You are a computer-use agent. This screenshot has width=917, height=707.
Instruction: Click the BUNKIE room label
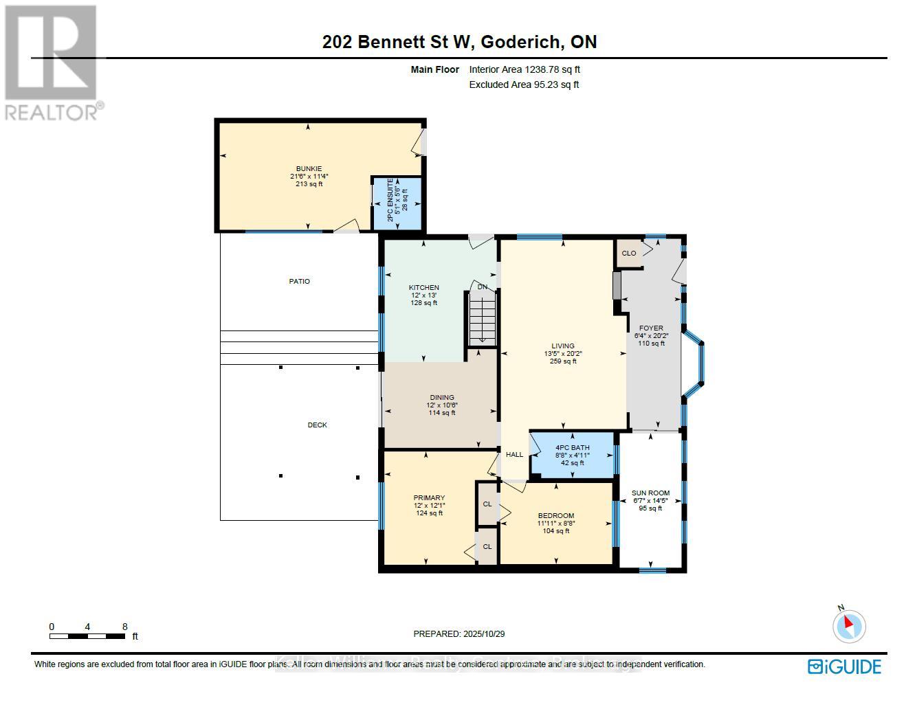coord(309,169)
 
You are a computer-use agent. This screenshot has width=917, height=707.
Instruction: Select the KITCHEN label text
coord(423,288)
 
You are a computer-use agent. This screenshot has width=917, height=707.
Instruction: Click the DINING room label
coord(442,397)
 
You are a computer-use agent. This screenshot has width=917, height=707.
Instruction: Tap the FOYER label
coord(651,328)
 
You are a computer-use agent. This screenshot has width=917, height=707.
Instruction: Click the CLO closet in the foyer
coord(628,253)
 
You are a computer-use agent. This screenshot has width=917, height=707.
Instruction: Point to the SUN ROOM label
coord(650,493)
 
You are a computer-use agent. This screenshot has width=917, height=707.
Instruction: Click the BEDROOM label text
coord(556,515)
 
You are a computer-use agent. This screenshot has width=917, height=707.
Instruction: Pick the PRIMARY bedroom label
coord(429,498)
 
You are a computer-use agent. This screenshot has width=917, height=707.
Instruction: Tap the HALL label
coord(514,454)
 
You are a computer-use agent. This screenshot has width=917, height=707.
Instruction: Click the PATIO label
coord(300,281)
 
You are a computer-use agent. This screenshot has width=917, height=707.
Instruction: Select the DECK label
coord(318,425)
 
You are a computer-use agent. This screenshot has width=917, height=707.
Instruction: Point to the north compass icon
coord(849,626)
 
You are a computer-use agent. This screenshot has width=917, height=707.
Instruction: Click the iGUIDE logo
coord(844,666)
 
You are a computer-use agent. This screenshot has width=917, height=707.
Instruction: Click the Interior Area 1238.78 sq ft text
coord(524,69)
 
